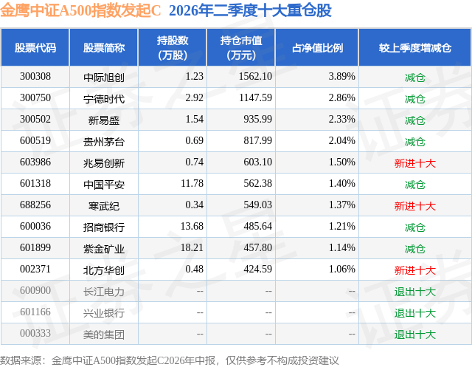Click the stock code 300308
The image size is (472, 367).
pos(35,77)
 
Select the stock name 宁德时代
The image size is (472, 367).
pos(104,98)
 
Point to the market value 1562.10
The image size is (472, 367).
pos(255,77)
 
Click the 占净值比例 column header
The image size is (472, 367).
pos(317,47)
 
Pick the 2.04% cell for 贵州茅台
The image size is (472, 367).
pos(341,141)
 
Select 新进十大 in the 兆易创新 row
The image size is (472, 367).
pos(415,163)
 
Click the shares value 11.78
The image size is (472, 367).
pos(192,183)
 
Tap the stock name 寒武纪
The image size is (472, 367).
pos(104,206)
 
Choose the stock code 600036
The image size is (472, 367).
pos(35,226)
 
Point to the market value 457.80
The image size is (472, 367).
pos(257,247)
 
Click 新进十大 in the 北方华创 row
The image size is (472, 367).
pos(415,270)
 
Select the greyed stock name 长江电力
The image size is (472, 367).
pos(104,292)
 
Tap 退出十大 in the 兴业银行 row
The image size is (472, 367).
pos(415,313)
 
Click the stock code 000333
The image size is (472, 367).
pos(35,333)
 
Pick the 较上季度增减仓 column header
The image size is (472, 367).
pos(415,47)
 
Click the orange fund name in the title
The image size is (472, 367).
pos(80,10)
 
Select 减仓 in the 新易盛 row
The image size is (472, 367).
pos(415,120)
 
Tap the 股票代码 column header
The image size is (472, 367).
pos(35,47)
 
